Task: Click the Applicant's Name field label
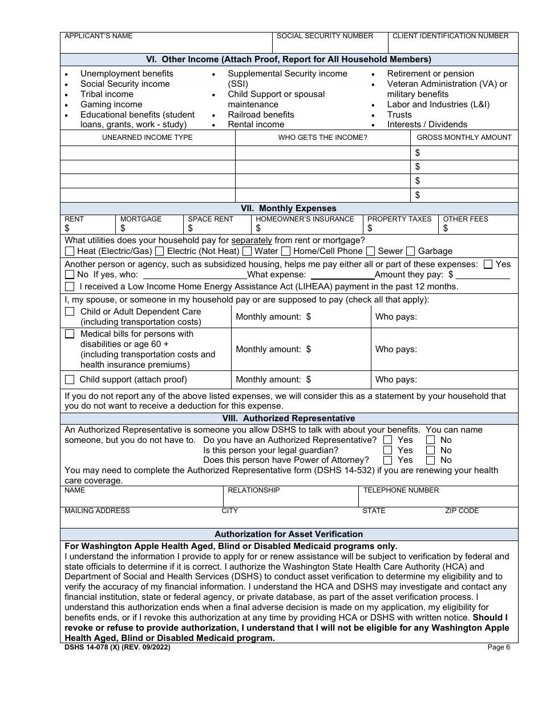[x=98, y=36]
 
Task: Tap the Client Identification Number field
[x=453, y=46]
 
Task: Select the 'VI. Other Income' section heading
[x=289, y=59]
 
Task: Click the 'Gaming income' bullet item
[x=111, y=104]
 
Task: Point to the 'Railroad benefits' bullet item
[x=261, y=114]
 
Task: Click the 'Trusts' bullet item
[x=399, y=114]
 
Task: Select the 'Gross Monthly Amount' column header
[x=464, y=138]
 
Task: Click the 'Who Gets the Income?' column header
[x=322, y=138]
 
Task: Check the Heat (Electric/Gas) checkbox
[x=70, y=251]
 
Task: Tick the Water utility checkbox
[x=247, y=251]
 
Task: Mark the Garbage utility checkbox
[x=411, y=251]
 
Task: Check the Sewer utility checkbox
[x=370, y=251]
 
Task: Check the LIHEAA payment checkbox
[x=70, y=287]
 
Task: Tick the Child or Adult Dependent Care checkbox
[x=70, y=312]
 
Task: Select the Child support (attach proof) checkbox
[x=70, y=380]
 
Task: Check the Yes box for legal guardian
[x=388, y=450]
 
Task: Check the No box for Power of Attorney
[x=431, y=460]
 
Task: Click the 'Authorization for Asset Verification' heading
[x=289, y=534]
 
